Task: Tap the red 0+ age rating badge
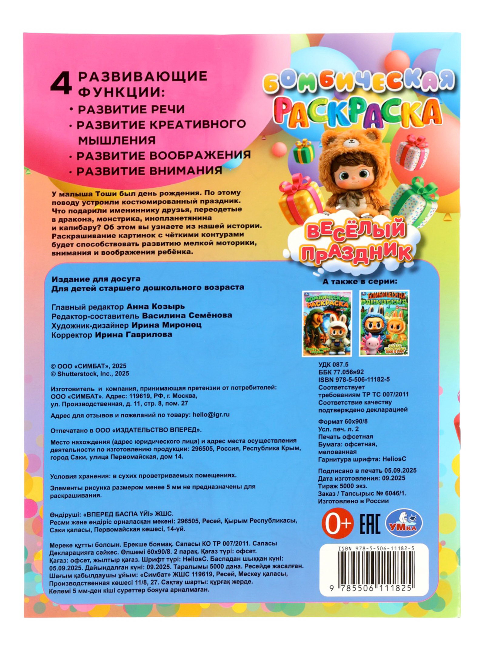point(337,523)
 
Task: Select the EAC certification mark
point(370,523)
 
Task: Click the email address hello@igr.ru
point(211,415)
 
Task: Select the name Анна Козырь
point(155,306)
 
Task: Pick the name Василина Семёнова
point(187,316)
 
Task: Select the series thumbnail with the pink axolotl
point(384,323)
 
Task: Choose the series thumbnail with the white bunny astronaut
point(327,323)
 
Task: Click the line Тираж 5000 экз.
point(343,486)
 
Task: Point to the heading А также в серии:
point(360,282)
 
